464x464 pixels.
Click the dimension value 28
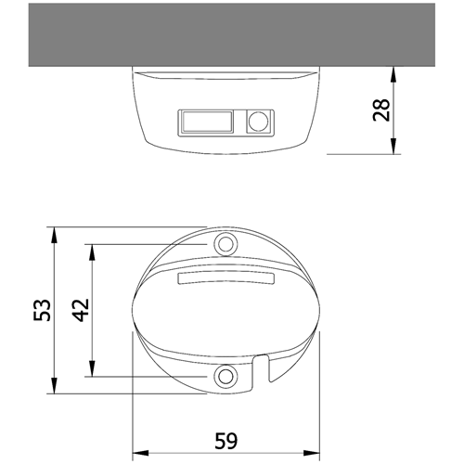click(381, 110)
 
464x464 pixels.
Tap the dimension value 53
click(42, 310)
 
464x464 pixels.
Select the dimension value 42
click(81, 310)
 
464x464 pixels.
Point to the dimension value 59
click(226, 441)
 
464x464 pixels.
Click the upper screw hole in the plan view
click(226, 244)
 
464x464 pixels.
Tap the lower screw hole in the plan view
click(226, 376)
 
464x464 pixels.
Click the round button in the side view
click(259, 122)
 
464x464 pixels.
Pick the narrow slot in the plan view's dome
click(226, 277)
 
